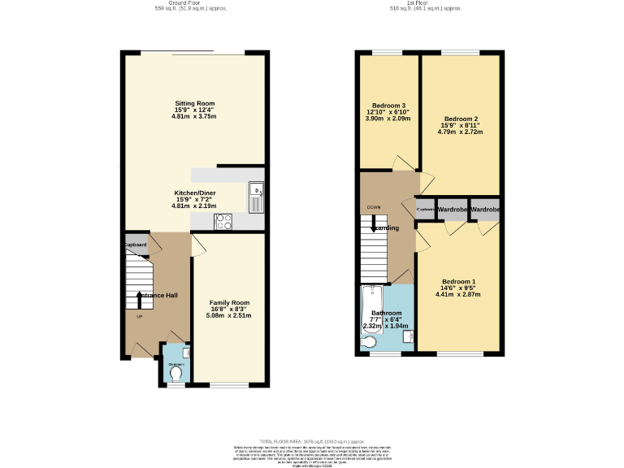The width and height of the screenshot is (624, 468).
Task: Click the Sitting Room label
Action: pyautogui.click(x=194, y=103)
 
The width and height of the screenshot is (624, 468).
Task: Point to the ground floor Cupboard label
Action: pyautogui.click(x=136, y=245)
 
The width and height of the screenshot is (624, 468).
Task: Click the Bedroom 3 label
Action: pyautogui.click(x=388, y=106)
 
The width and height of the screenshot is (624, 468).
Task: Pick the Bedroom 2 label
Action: pyautogui.click(x=460, y=118)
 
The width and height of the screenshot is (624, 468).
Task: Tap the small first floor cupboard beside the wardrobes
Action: pyautogui.click(x=426, y=210)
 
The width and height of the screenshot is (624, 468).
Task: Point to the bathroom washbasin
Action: pyautogui.click(x=409, y=336)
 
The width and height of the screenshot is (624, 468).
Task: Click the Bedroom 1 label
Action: pyautogui.click(x=459, y=281)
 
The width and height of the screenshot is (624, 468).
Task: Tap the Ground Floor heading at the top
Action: pyautogui.click(x=191, y=3)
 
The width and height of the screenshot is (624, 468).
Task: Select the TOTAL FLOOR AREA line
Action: pyautogui.click(x=311, y=439)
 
